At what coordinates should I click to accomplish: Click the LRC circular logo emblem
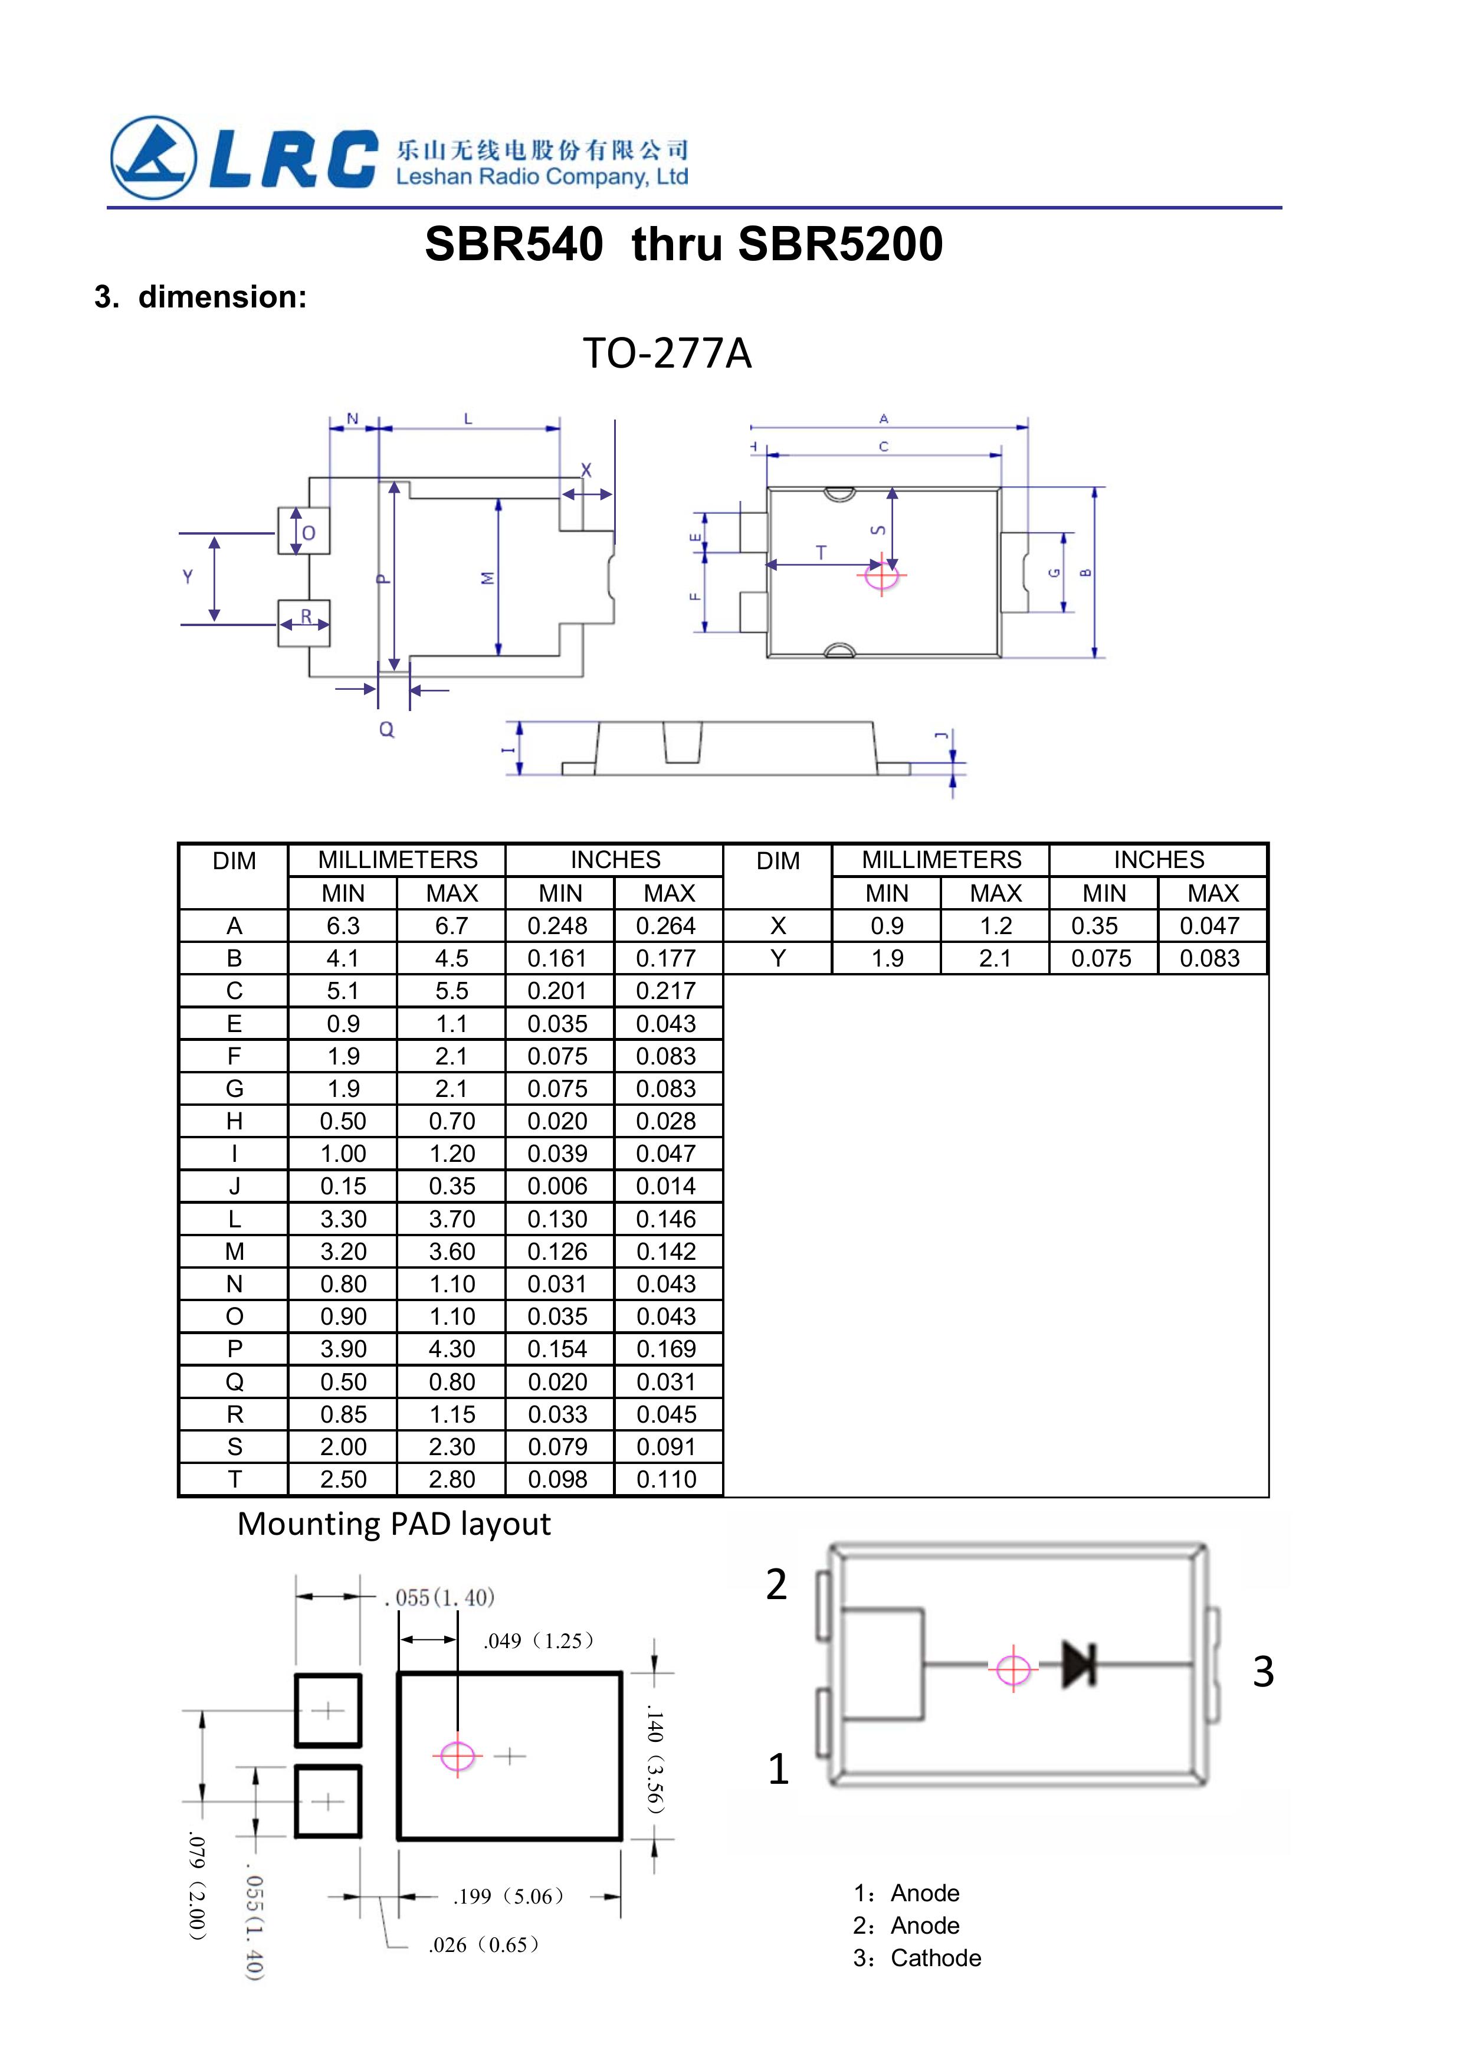153,158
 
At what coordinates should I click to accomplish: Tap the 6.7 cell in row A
452,926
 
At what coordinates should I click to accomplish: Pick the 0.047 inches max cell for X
1210,926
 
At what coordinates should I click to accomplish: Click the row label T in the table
234,1479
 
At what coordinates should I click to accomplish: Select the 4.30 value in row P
452,1349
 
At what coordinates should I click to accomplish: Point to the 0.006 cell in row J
558,1187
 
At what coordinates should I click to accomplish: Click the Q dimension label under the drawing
387,729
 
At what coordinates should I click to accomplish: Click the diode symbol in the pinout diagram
1079,1663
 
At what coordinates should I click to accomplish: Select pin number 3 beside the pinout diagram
1263,1672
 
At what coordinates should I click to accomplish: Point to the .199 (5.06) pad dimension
509,1897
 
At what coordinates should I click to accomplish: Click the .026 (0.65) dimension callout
484,1945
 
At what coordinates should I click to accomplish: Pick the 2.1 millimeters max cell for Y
995,958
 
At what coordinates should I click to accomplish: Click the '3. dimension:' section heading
200,297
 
